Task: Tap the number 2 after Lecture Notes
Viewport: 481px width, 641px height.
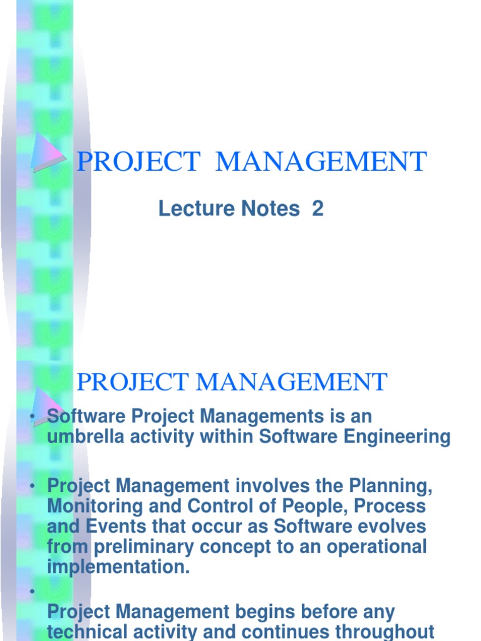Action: tap(318, 209)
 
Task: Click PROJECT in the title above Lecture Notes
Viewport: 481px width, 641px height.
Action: tap(137, 162)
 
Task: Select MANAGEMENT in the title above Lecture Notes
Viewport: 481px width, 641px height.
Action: tap(321, 162)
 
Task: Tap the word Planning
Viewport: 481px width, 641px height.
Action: tap(390, 485)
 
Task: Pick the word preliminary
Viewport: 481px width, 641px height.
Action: tap(145, 546)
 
